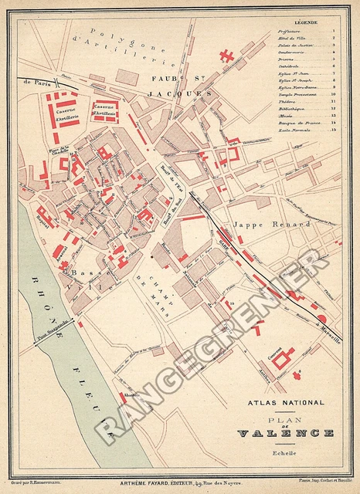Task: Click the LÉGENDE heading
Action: [305, 23]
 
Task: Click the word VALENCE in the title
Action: [286, 433]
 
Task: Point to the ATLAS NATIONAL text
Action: [286, 402]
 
